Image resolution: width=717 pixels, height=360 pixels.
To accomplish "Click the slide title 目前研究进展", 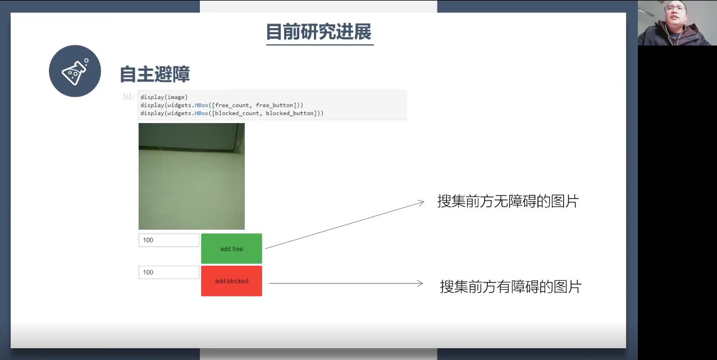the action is (319, 31).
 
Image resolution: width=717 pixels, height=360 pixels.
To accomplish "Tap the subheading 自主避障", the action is (155, 74).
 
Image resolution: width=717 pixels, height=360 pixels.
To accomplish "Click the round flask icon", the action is (75, 71).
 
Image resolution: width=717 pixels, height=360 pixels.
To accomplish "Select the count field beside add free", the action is (168, 240).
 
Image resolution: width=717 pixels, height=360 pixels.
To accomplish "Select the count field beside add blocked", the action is (168, 272).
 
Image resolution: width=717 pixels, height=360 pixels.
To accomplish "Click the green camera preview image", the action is (191, 176).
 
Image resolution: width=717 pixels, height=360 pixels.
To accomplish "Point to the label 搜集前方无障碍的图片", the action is (508, 202).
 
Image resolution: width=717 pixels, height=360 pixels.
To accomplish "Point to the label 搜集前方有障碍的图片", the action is (510, 286).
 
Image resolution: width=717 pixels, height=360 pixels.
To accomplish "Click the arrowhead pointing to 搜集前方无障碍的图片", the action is (421, 203).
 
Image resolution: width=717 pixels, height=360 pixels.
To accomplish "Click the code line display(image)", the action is (164, 97).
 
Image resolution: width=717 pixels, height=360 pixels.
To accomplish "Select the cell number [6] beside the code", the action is (128, 97).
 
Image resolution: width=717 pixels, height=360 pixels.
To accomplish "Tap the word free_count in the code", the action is (232, 105).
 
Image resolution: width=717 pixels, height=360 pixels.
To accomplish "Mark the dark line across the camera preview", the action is (189, 149).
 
